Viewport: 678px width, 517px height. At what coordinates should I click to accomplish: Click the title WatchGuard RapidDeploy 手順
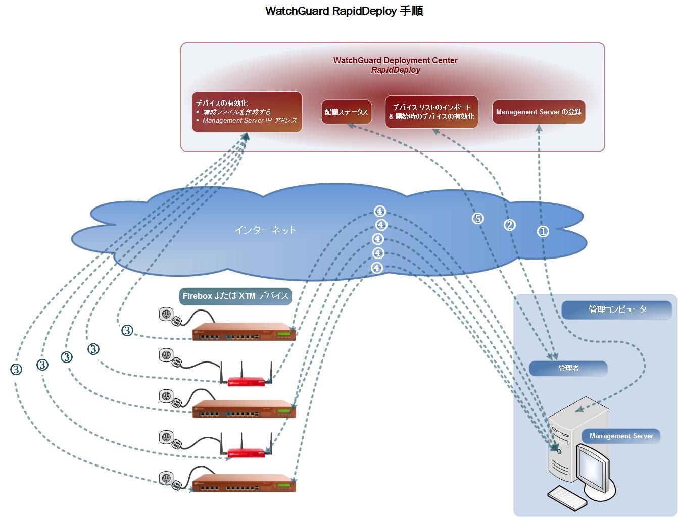344,11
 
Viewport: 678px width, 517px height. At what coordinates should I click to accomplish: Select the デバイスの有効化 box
247,112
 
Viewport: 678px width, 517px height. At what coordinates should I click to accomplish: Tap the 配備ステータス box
346,112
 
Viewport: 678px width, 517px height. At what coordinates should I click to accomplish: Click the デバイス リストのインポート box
431,112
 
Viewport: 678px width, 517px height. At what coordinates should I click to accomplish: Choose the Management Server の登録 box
539,112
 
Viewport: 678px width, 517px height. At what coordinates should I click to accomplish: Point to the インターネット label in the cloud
265,230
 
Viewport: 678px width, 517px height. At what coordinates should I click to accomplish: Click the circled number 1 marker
543,231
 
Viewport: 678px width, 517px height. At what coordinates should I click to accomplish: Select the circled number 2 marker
510,225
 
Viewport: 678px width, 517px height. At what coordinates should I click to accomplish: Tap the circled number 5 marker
477,218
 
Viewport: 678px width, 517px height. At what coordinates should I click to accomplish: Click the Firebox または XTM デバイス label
235,296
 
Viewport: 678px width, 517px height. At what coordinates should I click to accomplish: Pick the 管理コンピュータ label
617,309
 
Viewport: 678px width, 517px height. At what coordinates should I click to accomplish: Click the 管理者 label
568,369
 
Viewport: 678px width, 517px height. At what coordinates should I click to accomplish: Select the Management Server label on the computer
621,436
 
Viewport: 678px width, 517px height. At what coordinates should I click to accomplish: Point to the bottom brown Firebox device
244,482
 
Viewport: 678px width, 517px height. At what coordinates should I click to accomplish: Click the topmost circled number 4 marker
379,211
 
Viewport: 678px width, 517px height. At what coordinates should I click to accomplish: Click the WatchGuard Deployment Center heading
395,60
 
